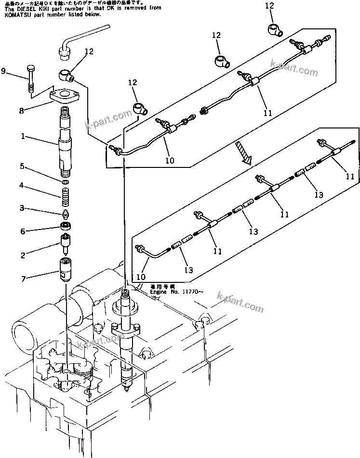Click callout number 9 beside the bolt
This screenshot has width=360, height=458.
click(x=4, y=72)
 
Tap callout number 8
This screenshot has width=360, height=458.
click(x=21, y=111)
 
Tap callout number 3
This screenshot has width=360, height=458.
click(x=22, y=208)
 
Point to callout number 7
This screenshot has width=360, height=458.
click(x=22, y=278)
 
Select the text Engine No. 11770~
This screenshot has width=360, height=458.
click(x=173, y=292)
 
